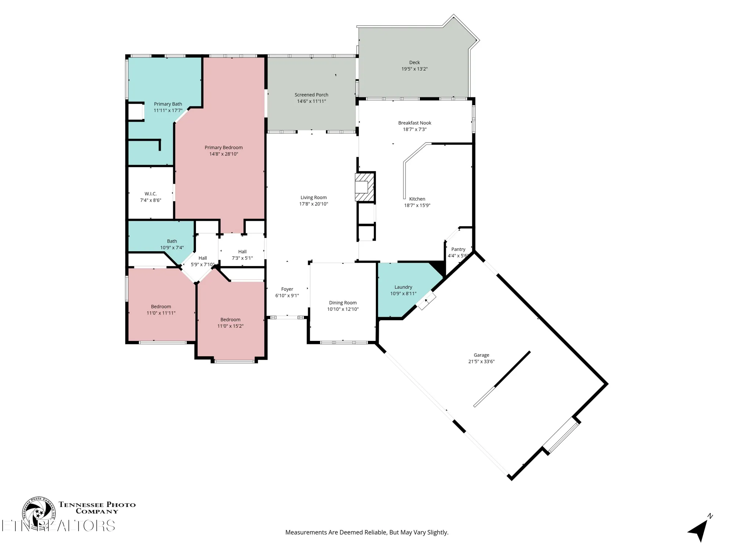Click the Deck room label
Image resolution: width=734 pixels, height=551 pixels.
point(414,62)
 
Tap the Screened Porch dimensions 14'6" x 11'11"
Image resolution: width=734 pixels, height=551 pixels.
point(311,101)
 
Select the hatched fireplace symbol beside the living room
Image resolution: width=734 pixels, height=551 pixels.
point(365,187)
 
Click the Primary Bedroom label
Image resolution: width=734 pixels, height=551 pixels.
point(224,147)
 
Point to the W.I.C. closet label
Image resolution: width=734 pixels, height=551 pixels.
point(150,194)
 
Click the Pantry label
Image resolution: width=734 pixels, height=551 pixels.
point(458,249)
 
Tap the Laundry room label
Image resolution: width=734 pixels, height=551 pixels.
point(403,287)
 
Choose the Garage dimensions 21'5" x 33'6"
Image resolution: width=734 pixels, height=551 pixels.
point(481,361)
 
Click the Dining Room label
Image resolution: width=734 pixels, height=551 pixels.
point(342,303)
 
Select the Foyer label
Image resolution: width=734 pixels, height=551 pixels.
point(287,289)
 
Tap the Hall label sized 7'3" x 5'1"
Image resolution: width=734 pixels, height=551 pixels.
point(242,252)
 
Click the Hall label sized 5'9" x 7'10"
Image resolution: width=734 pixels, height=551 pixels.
point(203,258)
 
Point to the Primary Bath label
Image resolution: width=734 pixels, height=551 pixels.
point(168,104)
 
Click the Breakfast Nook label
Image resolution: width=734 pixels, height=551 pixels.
point(414,123)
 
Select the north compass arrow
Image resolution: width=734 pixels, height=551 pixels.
point(700,530)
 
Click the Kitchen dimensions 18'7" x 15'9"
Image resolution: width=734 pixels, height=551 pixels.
point(417,205)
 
